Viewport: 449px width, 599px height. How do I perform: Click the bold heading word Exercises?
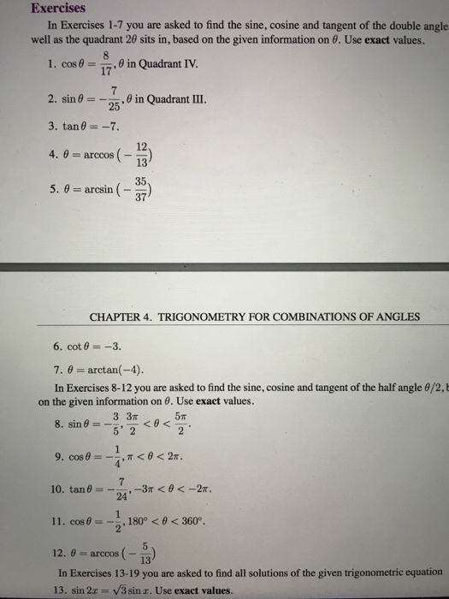pos(56,9)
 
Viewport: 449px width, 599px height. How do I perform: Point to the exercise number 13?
pos(60,590)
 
